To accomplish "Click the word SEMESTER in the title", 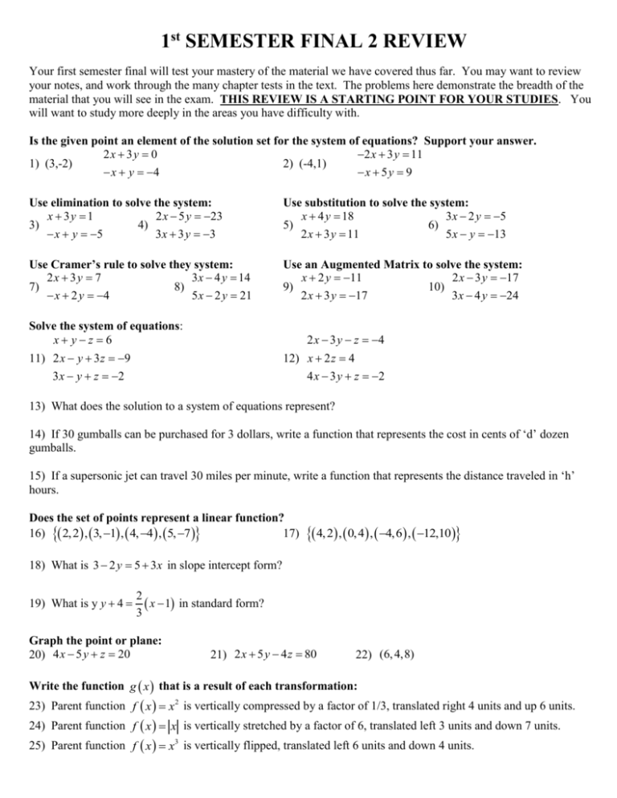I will (241, 39).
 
